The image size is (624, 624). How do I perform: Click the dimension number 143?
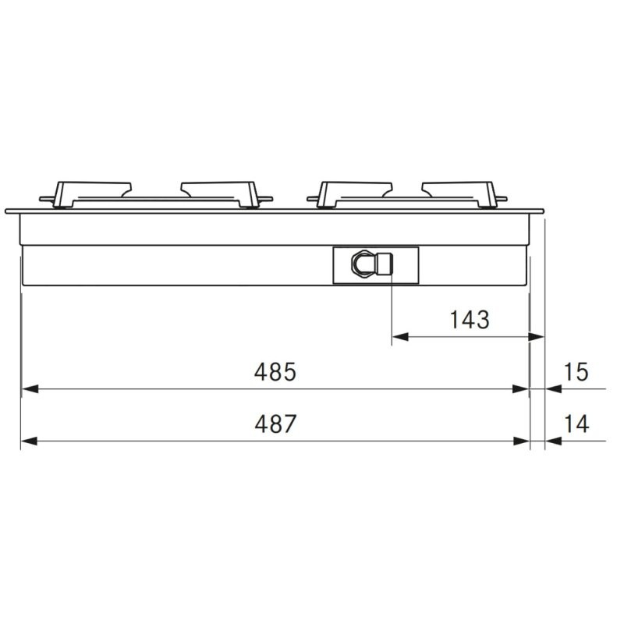point(470,320)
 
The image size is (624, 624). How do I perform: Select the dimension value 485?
point(275,372)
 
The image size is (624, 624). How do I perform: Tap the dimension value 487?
point(275,424)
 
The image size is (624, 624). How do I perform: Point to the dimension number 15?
point(576,372)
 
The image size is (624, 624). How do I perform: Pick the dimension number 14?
point(576,424)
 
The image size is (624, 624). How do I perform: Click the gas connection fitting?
point(372,263)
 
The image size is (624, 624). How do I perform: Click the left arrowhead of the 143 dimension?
point(400,337)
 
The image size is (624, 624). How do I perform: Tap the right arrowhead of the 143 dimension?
point(536,337)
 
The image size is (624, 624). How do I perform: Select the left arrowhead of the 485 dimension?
point(30,388)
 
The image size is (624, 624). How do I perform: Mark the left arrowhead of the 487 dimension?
point(29,441)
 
